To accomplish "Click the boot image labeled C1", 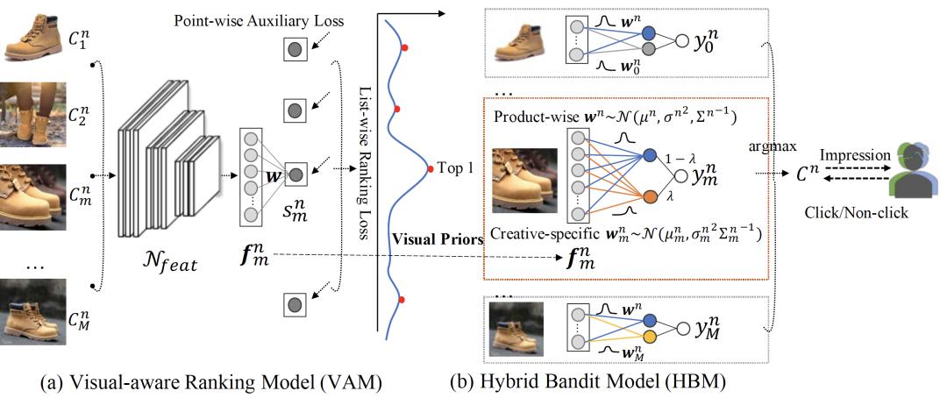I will click(32, 33).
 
